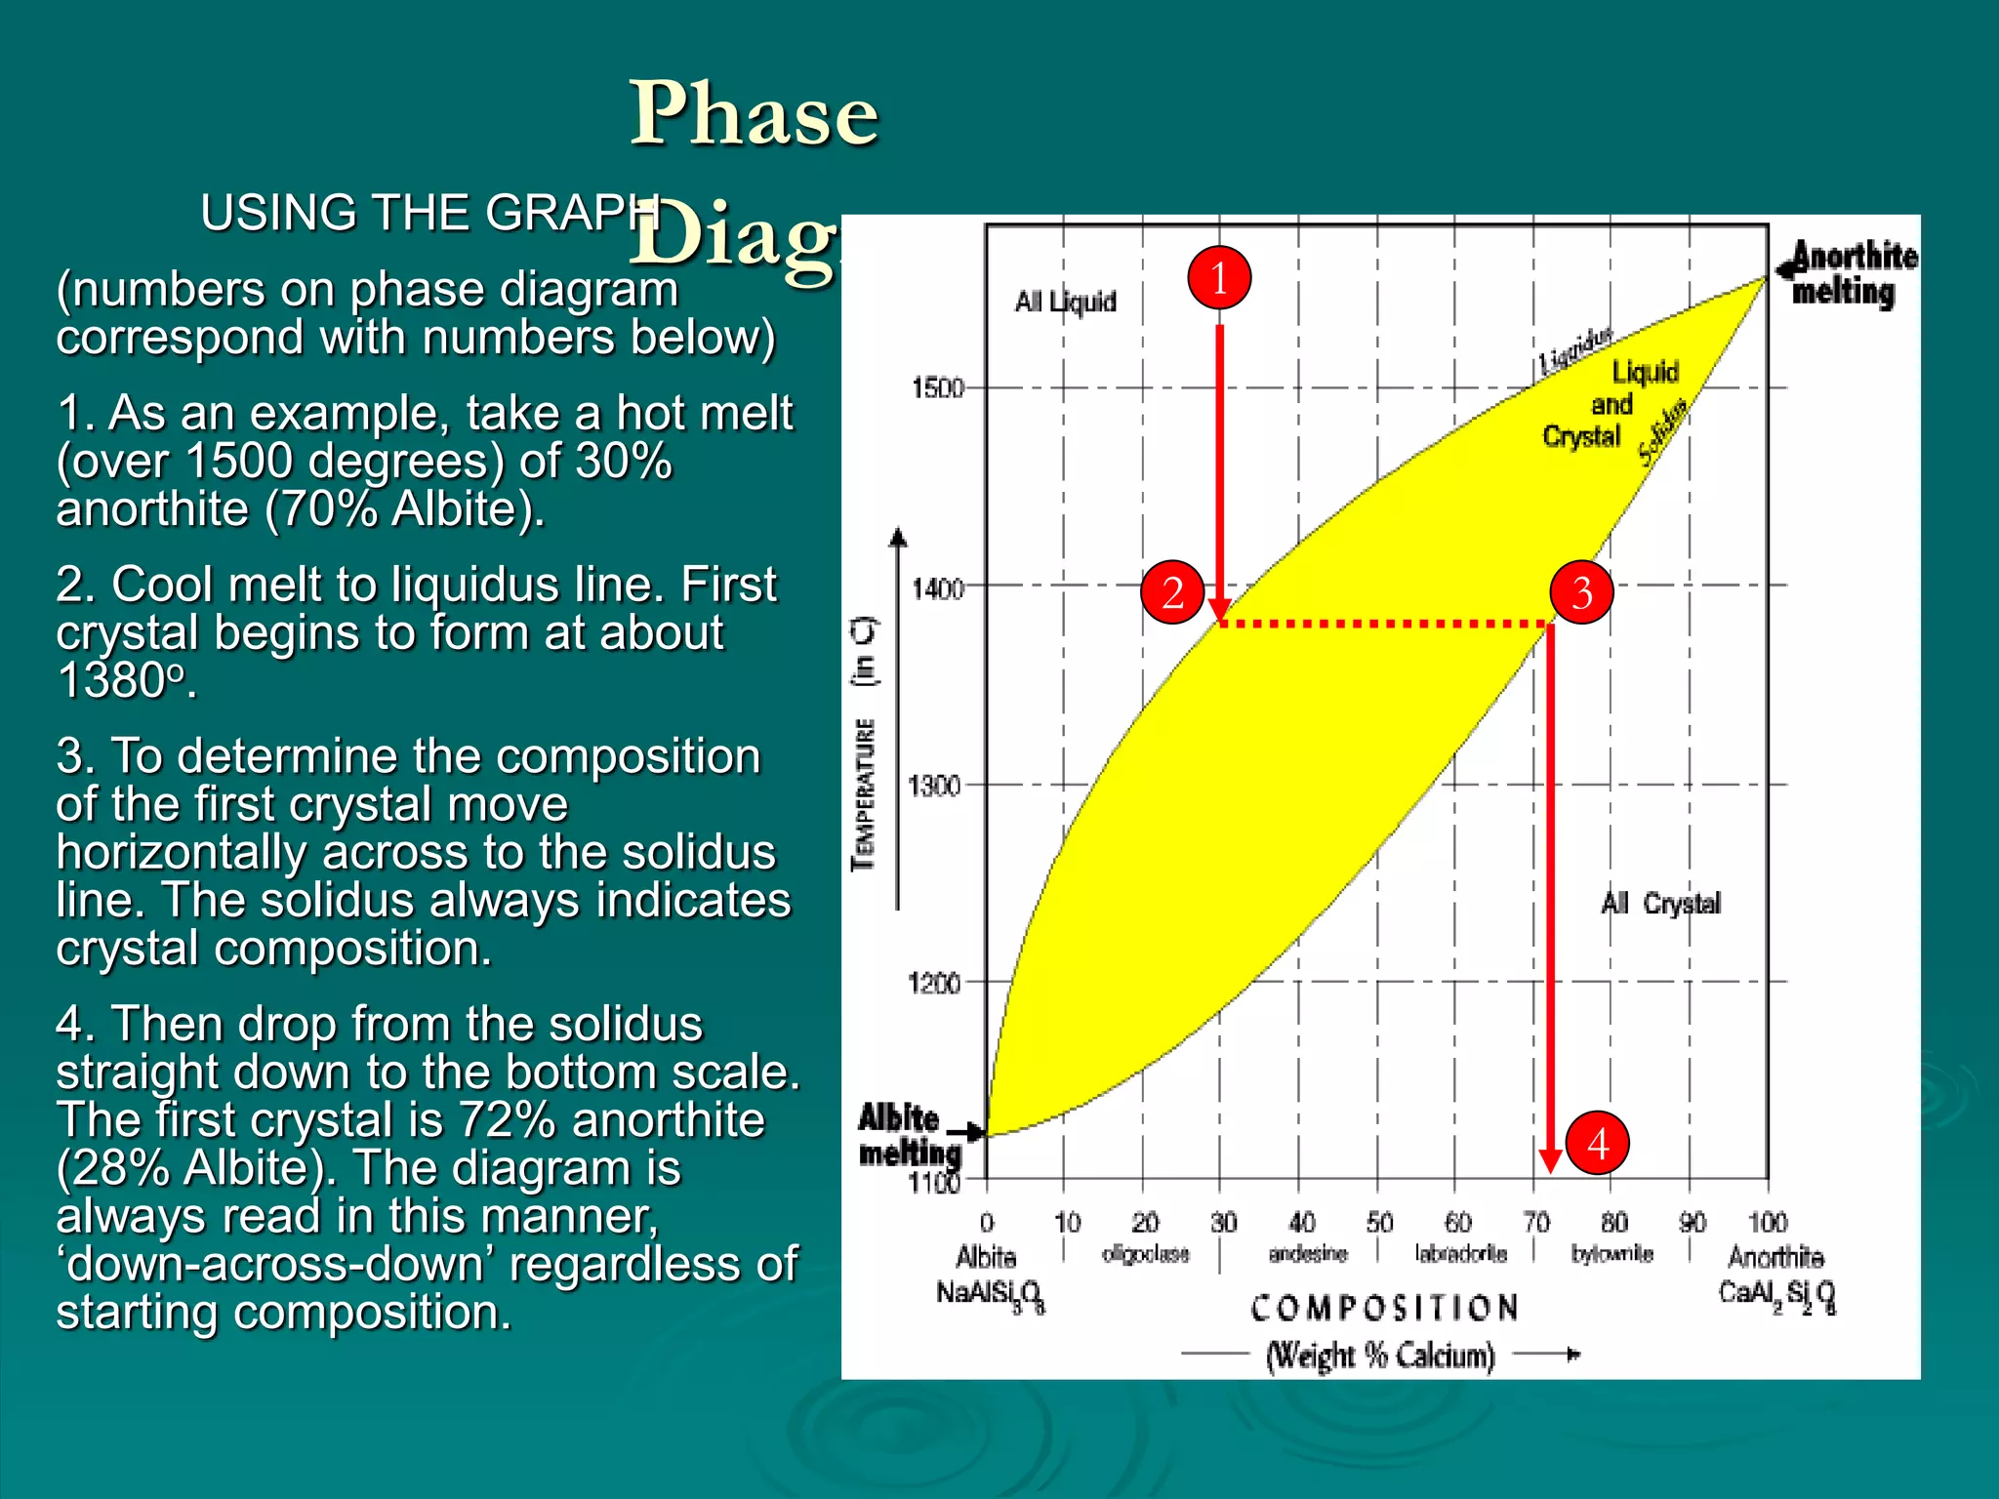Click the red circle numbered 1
[1219, 278]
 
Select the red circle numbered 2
[1172, 592]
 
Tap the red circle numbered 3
[1581, 592]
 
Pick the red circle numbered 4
[1597, 1143]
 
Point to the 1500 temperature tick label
[936, 388]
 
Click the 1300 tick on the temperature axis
[934, 786]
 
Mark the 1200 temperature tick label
[934, 983]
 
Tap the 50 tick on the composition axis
[1379, 1223]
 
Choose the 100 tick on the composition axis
[1767, 1223]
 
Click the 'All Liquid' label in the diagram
[1065, 302]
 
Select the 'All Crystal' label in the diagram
[1660, 904]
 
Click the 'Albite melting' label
[908, 1135]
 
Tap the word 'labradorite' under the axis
[1460, 1254]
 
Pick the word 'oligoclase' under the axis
[1145, 1254]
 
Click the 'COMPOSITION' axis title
[1384, 1308]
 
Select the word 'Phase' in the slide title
[754, 114]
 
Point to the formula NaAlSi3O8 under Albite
[990, 1295]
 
